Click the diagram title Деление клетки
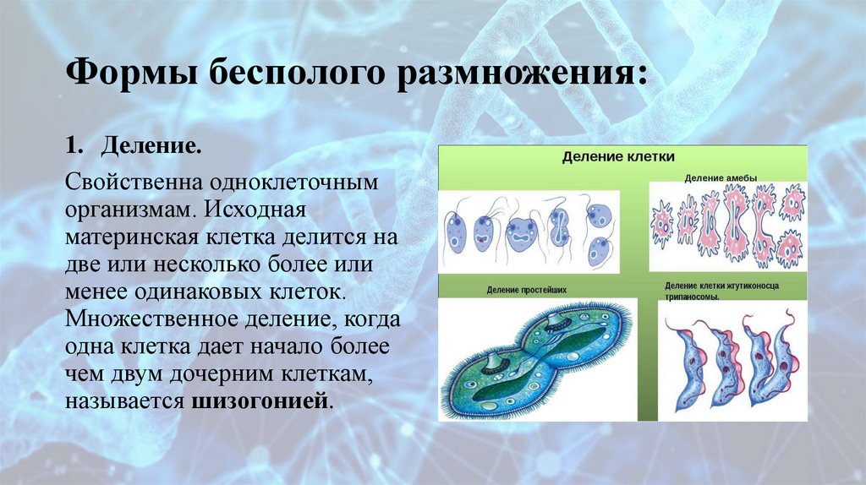619,157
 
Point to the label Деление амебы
721,177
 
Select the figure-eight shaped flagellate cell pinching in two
559,226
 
